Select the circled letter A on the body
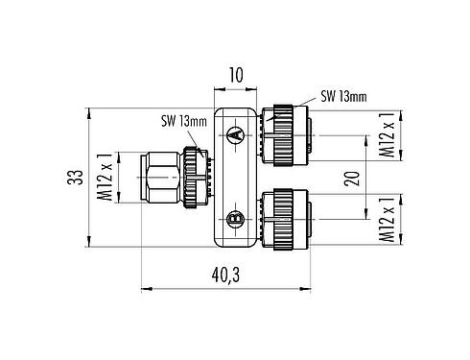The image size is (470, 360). click(233, 138)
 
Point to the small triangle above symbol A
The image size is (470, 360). click(233, 122)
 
